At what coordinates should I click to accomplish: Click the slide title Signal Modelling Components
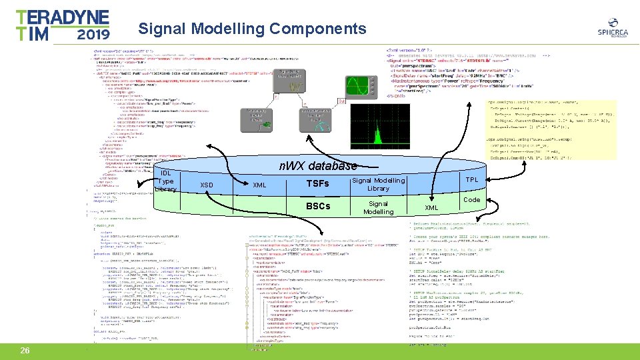pyautogui.click(x=252, y=29)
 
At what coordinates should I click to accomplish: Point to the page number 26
pyautogui.click(x=25, y=351)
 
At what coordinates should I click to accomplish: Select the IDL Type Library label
pyautogui.click(x=166, y=181)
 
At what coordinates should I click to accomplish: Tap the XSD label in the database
pyautogui.click(x=207, y=185)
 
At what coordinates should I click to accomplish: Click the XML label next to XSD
pyautogui.click(x=259, y=185)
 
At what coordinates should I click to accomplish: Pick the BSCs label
pyautogui.click(x=317, y=206)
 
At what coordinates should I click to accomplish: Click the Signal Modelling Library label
pyautogui.click(x=378, y=185)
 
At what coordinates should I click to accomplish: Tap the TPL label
pyautogui.click(x=471, y=180)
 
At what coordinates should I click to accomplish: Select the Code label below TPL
pyautogui.click(x=471, y=199)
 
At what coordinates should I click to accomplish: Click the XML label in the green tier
pyautogui.click(x=432, y=208)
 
